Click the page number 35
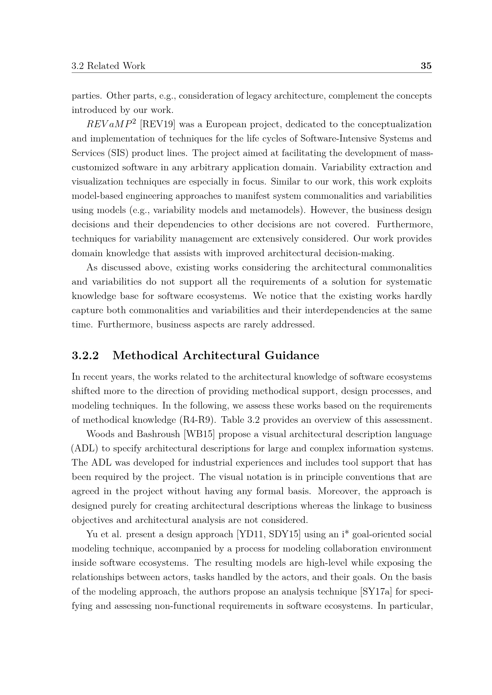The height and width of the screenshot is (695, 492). (x=426, y=66)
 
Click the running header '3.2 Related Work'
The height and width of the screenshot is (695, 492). (x=108, y=66)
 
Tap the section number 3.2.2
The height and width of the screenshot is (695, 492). (x=85, y=355)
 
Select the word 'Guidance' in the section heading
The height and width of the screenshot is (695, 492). (x=292, y=355)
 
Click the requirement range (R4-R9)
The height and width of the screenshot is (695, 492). (x=197, y=420)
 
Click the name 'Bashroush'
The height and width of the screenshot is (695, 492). (x=158, y=434)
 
